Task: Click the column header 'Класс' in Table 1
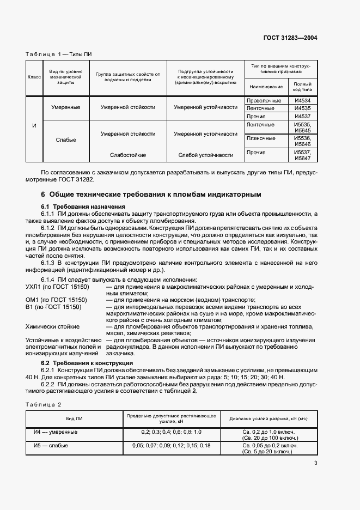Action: (34, 77)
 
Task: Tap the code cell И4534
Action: (302, 101)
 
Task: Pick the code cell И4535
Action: (302, 108)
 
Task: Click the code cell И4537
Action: (302, 116)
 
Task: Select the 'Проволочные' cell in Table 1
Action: (264, 101)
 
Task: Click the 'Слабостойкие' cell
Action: (128, 155)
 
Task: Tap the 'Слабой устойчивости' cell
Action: (205, 155)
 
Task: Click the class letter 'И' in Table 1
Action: (34, 126)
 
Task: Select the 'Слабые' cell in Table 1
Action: (66, 140)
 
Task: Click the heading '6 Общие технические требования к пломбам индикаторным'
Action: (151, 194)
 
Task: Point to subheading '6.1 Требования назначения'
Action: (83, 207)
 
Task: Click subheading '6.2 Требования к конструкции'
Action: (88, 363)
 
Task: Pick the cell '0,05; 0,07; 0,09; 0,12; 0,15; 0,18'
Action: (171, 445)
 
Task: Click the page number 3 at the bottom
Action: (315, 463)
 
